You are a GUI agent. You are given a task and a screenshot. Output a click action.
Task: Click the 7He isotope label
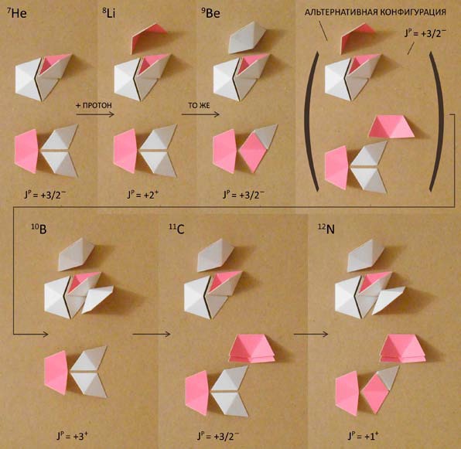point(17,13)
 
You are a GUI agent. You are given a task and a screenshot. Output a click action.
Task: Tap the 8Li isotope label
point(108,13)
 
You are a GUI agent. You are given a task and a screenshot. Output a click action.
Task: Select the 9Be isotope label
point(210,13)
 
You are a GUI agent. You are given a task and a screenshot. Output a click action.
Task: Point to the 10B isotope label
point(39,229)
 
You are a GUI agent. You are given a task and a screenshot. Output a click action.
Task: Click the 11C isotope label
point(176,230)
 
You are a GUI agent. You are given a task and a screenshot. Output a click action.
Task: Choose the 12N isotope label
point(326,229)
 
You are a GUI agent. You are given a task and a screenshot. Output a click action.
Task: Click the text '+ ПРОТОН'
point(94,105)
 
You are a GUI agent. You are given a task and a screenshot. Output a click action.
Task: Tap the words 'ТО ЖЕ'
point(199,105)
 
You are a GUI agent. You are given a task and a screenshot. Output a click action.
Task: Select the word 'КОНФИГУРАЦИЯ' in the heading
point(413,12)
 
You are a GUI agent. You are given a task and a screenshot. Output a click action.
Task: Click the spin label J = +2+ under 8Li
point(143,195)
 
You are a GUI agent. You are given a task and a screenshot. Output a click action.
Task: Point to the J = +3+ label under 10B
point(73,436)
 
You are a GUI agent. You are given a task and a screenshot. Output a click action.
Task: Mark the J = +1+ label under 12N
point(364,436)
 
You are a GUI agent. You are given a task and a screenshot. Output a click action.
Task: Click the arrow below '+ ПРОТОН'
point(95,114)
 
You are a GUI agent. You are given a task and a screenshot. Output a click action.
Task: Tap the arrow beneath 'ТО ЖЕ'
point(200,114)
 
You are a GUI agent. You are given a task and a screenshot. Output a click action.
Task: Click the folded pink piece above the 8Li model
point(149,38)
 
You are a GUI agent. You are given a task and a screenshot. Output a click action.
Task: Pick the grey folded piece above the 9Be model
point(247,38)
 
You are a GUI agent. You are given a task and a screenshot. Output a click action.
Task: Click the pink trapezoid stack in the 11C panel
point(251,349)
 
